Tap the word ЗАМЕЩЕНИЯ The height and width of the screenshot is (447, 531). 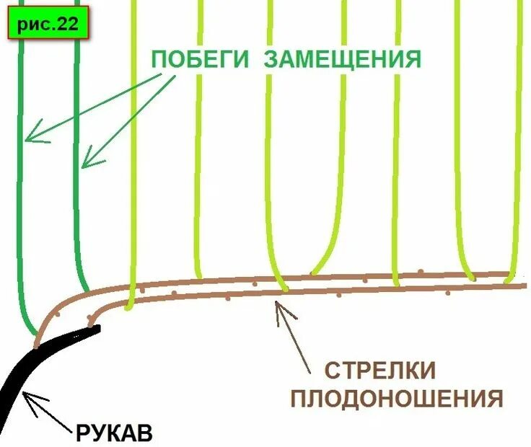click(341, 59)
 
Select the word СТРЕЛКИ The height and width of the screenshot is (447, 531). click(379, 371)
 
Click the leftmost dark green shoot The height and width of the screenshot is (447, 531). click(22, 216)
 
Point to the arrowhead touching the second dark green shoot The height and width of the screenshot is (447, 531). click(84, 164)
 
